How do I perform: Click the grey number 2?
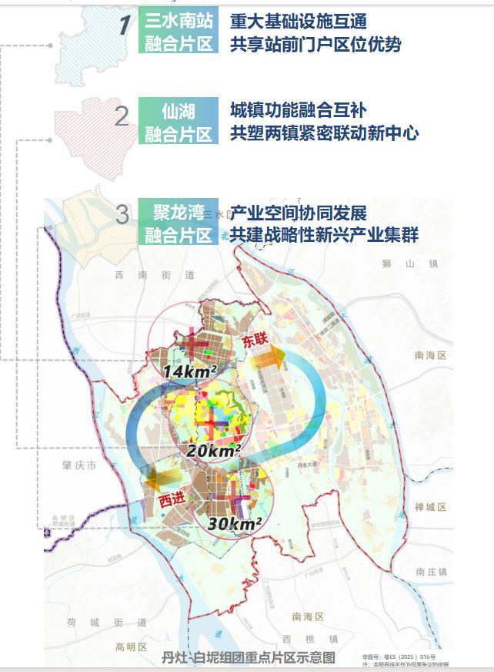[122, 118]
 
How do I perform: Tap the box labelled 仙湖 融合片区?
[179, 122]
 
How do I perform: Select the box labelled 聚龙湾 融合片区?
[179, 222]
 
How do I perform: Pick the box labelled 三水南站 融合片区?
[179, 31]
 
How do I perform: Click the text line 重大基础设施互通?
[298, 21]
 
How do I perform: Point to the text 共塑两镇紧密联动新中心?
[324, 133]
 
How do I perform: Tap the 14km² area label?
[189, 372]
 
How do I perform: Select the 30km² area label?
[236, 524]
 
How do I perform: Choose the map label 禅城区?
[430, 507]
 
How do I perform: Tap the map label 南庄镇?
[430, 572]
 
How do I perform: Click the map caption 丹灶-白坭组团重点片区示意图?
[249, 657]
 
